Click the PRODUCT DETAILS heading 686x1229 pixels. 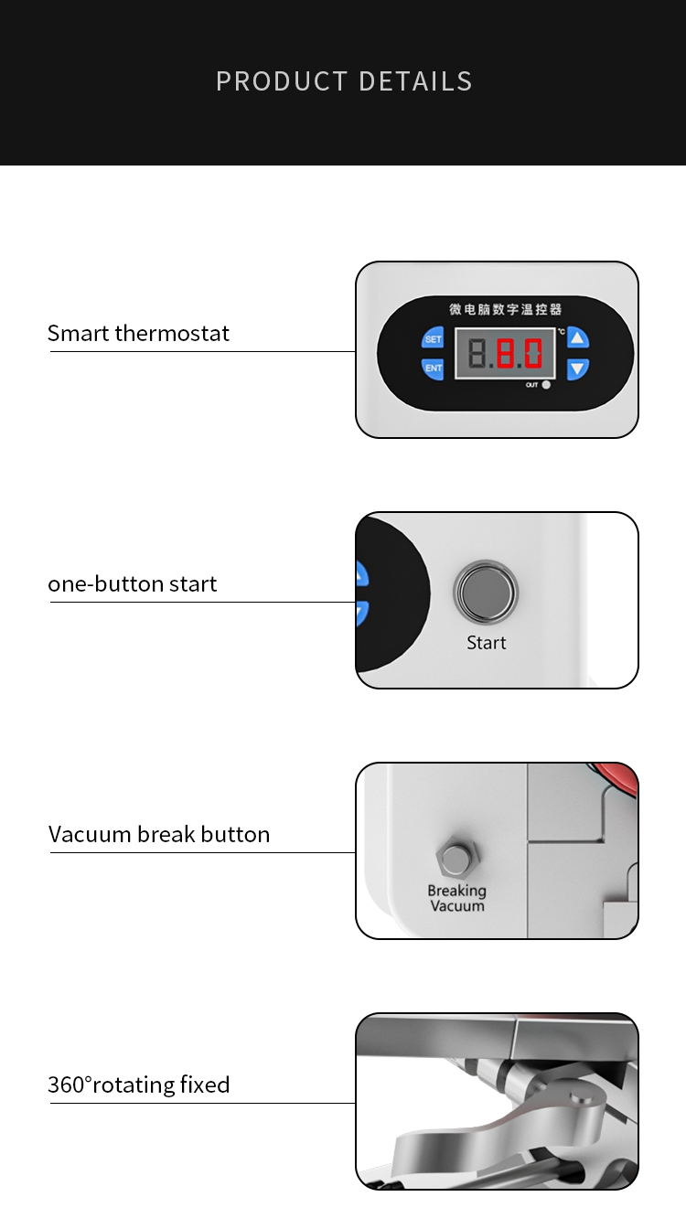tap(344, 81)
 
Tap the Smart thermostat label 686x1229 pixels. tap(138, 333)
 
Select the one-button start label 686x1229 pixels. tap(133, 583)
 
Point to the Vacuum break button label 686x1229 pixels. tap(159, 834)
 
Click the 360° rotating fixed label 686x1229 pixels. tap(139, 1085)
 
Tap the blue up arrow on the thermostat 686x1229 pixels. tap(578, 338)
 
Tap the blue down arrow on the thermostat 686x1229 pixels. tap(578, 369)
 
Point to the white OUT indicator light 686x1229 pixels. tap(546, 385)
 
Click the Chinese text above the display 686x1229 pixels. tap(506, 309)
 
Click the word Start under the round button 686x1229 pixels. tap(487, 643)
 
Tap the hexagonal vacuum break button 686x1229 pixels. tap(457, 858)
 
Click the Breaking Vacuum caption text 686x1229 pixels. tap(457, 898)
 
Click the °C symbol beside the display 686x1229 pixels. tap(561, 331)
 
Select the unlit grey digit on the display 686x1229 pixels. tap(477, 353)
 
